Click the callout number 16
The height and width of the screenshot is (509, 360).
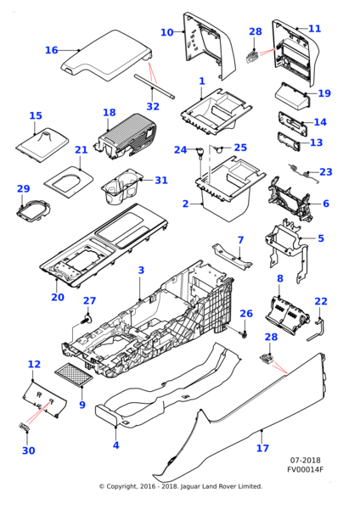click(x=51, y=50)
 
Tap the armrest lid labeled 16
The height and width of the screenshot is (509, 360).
click(x=107, y=56)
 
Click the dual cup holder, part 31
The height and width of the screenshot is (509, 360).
click(x=122, y=187)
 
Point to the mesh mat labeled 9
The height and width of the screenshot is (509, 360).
click(x=73, y=375)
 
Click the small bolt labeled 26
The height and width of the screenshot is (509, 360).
click(x=245, y=333)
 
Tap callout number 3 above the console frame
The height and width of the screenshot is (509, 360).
click(x=141, y=270)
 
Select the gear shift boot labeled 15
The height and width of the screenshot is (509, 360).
click(x=42, y=144)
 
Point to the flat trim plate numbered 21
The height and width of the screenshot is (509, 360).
click(x=69, y=182)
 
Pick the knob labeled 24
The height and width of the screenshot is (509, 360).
click(x=200, y=154)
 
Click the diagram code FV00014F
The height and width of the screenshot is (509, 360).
click(x=305, y=469)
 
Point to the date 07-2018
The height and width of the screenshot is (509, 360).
click(x=305, y=461)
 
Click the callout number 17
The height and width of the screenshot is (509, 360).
click(x=262, y=448)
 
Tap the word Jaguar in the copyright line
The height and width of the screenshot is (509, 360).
click(x=190, y=487)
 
